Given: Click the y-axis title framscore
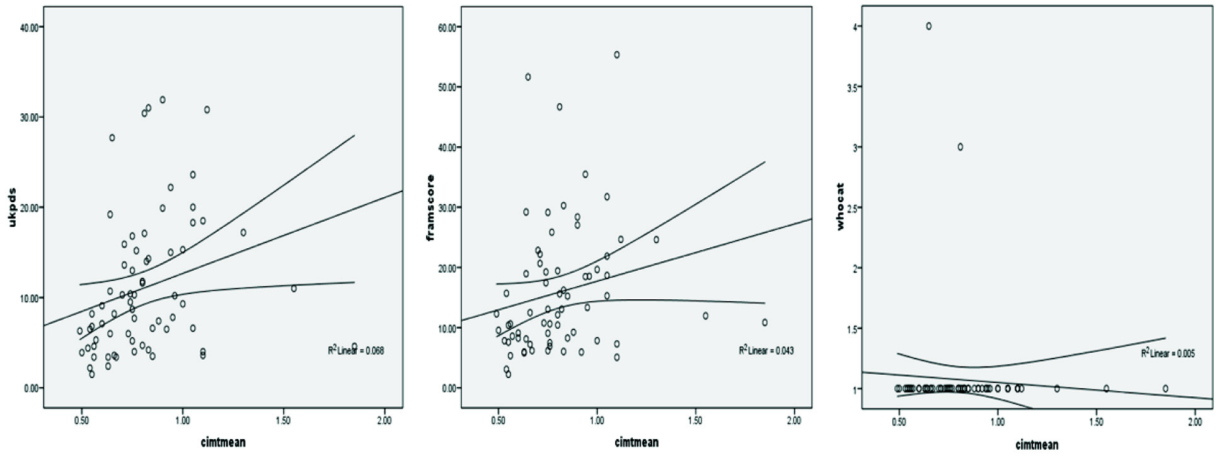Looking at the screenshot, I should click(x=431, y=208).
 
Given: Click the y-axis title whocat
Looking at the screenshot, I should click(x=839, y=207).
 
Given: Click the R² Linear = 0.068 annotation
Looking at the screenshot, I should click(x=355, y=350).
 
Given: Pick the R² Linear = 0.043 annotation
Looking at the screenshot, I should click(x=766, y=350).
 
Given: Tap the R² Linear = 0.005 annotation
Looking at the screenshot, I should click(x=1167, y=353).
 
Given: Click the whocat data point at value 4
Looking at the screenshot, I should click(x=929, y=26).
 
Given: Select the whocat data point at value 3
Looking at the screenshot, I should click(x=960, y=147).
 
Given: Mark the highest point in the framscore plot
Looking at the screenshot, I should click(x=617, y=55).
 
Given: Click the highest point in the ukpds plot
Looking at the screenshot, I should click(x=163, y=100).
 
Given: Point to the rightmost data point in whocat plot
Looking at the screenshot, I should click(x=1165, y=389).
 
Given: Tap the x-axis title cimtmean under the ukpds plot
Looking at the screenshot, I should click(x=224, y=442).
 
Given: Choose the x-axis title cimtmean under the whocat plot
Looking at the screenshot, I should click(x=1036, y=445).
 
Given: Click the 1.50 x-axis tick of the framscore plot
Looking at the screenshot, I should click(x=695, y=421).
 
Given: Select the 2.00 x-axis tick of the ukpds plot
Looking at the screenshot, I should click(x=384, y=421).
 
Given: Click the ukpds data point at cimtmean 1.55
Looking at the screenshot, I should click(x=294, y=289).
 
